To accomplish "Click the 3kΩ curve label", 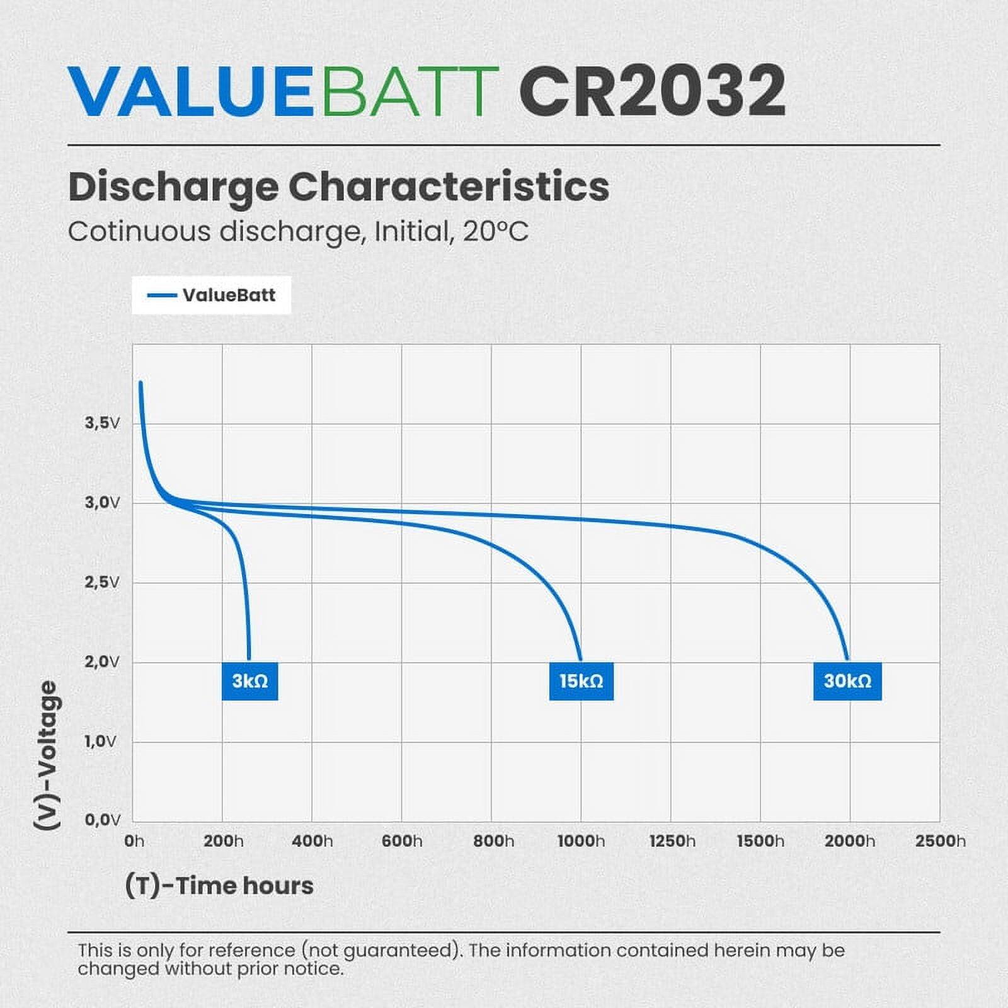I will (249, 681).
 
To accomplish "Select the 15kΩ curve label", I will (581, 681).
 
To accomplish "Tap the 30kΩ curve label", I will (847, 681).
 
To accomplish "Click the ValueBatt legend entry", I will (212, 295).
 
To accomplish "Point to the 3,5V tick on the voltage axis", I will (102, 423).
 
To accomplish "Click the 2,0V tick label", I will (102, 661).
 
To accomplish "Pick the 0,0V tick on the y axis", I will (102, 820).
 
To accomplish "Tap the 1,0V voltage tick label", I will (101, 741).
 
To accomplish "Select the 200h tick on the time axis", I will (223, 841).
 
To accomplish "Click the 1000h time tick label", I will (581, 841).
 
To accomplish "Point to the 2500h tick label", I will (940, 841).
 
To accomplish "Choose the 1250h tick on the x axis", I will (672, 841).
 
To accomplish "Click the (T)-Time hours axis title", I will (219, 885).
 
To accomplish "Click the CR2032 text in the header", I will (652, 91).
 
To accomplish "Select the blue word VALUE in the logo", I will (190, 91).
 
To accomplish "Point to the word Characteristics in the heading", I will (449, 186).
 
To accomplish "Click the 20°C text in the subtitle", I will (495, 232).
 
